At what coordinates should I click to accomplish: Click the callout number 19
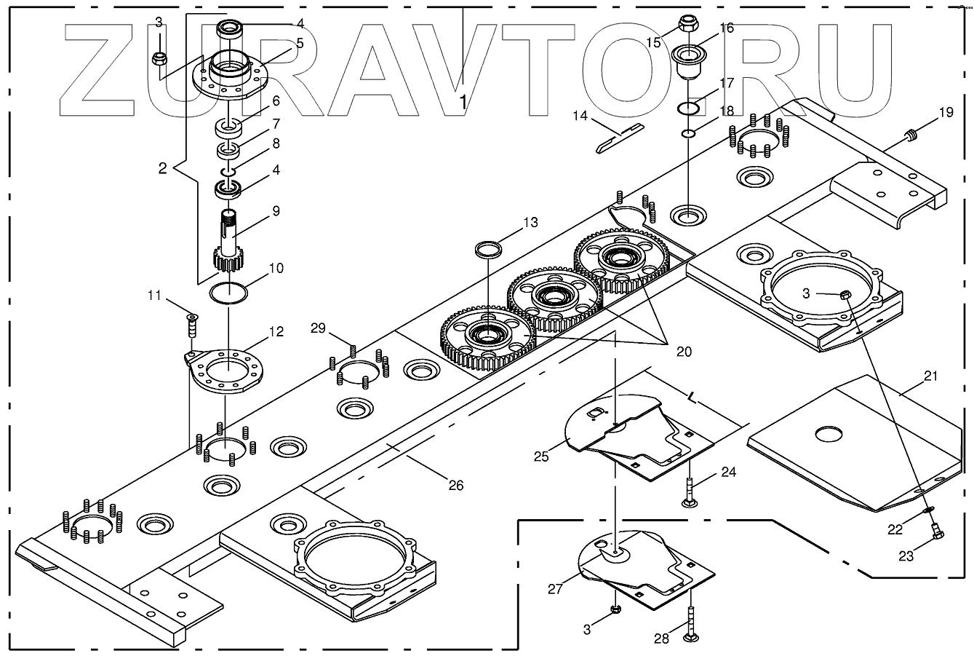pyautogui.click(x=945, y=112)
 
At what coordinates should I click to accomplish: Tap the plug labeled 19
pyautogui.click(x=909, y=133)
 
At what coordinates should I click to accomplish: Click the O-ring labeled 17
pyautogui.click(x=689, y=108)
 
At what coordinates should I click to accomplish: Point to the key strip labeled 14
pyautogui.click(x=620, y=138)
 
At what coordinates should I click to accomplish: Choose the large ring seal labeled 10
pyautogui.click(x=228, y=293)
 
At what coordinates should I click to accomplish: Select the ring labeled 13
pyautogui.click(x=487, y=250)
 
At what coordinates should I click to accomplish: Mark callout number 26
pyautogui.click(x=455, y=486)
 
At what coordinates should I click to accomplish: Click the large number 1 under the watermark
pyautogui.click(x=463, y=102)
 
